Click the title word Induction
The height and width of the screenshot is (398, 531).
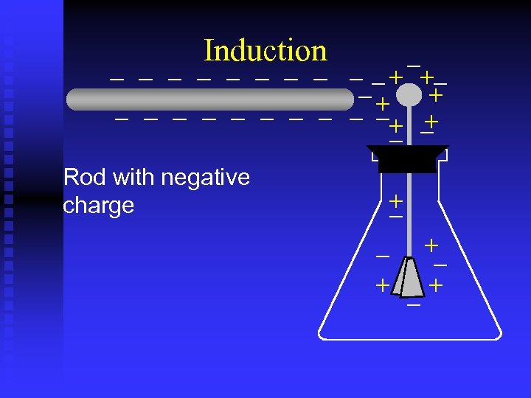[x=265, y=51]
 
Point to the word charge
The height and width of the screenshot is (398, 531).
[x=99, y=206]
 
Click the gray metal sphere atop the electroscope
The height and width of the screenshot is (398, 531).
[x=409, y=95]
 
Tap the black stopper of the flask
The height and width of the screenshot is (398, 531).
[x=407, y=158]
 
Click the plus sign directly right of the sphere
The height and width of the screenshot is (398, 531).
[x=437, y=96]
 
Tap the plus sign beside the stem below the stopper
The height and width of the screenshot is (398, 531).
[x=396, y=200]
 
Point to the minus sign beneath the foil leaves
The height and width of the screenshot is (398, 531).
[x=414, y=304]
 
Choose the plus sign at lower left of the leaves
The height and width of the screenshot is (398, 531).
[x=382, y=284]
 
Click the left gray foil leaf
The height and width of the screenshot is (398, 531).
[x=400, y=279]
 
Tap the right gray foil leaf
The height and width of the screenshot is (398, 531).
[x=414, y=279]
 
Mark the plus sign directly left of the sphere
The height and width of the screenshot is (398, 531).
[x=382, y=103]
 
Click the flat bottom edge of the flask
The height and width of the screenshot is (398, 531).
[x=410, y=339]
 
